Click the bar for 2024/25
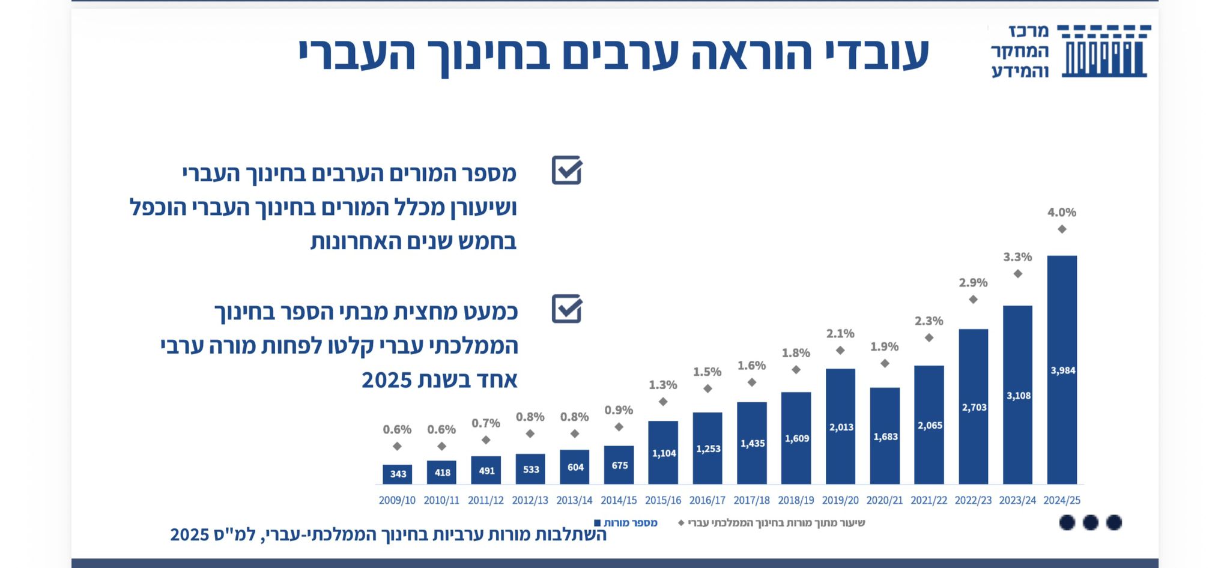(x=1062, y=369)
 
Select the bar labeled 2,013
(x=840, y=426)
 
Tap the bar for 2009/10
(x=398, y=474)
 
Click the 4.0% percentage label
(x=1062, y=213)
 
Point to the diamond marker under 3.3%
(x=1017, y=274)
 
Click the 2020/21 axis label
(x=885, y=500)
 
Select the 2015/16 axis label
(x=663, y=500)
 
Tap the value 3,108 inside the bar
(x=1019, y=396)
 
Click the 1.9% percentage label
(x=885, y=346)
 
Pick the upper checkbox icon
(x=567, y=171)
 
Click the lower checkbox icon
(x=567, y=309)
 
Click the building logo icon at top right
(x=1104, y=51)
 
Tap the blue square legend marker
(x=597, y=523)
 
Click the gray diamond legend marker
(x=681, y=523)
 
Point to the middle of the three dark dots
(x=1090, y=522)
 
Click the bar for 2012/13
(x=530, y=469)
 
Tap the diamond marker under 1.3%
(x=663, y=402)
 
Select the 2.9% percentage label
(x=973, y=283)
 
